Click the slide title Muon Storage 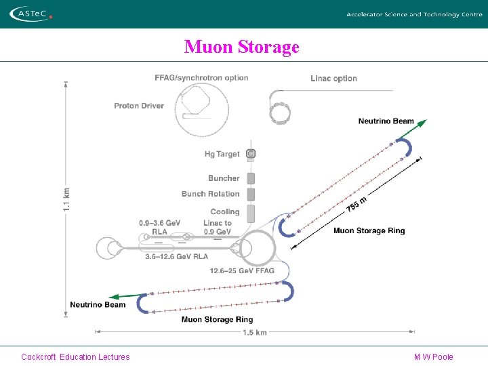point(241,47)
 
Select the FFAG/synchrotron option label point(201,78)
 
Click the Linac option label point(333,79)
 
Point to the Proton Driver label point(139,106)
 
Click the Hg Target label point(222,155)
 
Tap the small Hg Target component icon point(251,155)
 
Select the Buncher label point(224,178)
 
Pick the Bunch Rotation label point(210,194)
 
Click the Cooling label point(225,212)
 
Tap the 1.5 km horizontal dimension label point(254,332)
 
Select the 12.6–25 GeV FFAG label point(242,271)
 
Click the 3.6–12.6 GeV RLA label point(177,257)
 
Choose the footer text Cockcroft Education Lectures point(75,357)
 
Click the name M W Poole point(433,357)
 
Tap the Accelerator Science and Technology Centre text point(414,14)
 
